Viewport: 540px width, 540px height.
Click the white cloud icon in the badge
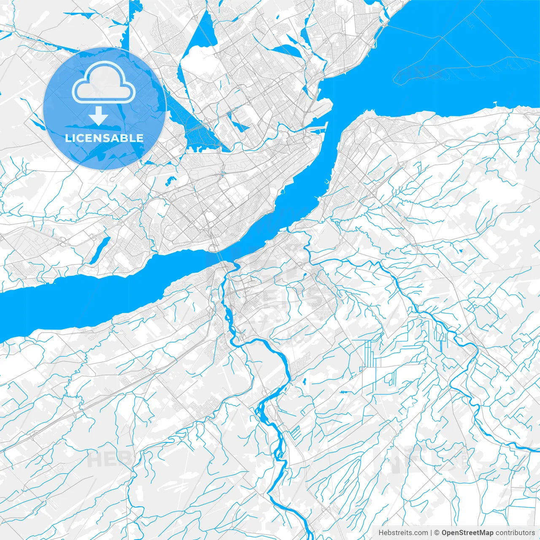(x=104, y=83)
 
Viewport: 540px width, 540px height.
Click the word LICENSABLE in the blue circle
(x=104, y=138)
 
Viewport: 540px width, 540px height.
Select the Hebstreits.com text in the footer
(x=403, y=533)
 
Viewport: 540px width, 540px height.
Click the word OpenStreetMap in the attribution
(x=467, y=533)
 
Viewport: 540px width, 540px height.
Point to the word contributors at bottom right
(x=515, y=533)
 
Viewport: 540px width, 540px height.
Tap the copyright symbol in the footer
(x=437, y=533)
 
